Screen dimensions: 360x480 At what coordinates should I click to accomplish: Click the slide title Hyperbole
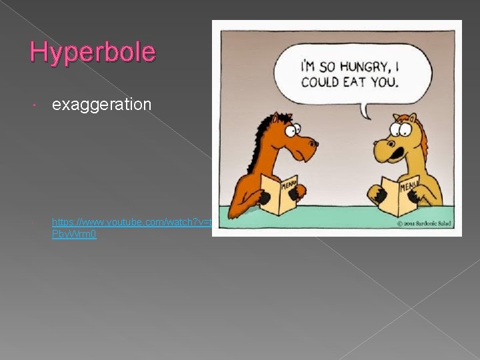[93, 52]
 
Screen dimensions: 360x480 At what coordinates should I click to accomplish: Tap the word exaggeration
[101, 105]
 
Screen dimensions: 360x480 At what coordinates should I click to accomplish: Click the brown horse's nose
[311, 144]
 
